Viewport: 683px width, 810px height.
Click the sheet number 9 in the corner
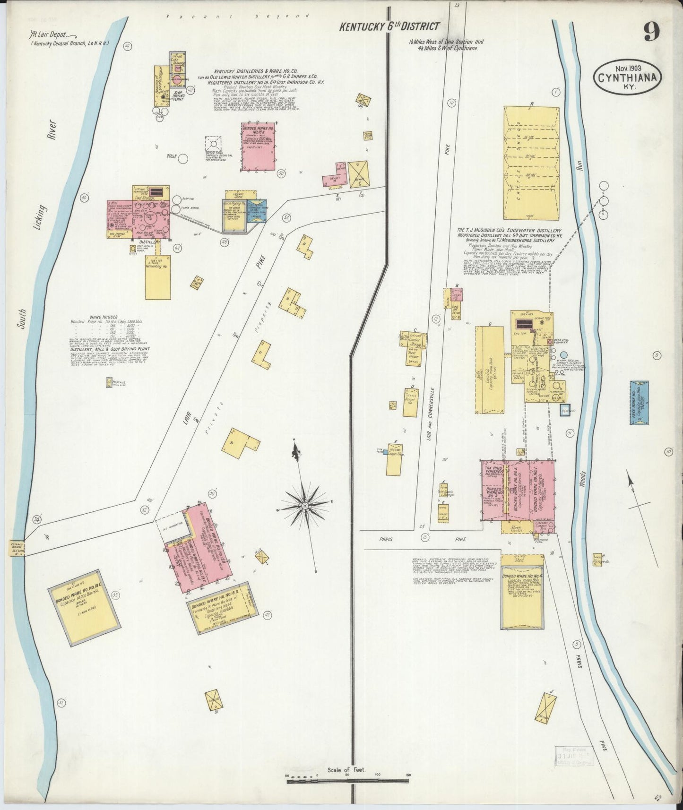pos(651,33)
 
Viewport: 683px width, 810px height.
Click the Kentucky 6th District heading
pos(389,27)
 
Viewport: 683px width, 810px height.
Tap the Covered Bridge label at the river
pos(17,548)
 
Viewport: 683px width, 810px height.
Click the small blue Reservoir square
pos(565,410)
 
